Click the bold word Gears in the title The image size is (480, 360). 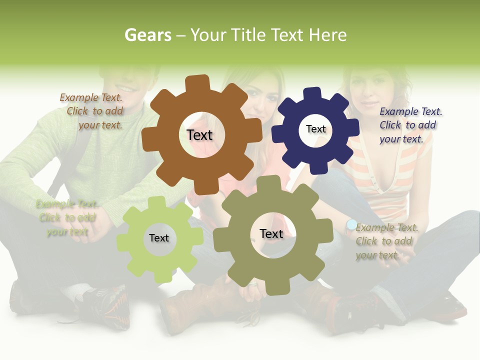pyautogui.click(x=147, y=35)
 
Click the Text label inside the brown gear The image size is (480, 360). pyautogui.click(x=199, y=135)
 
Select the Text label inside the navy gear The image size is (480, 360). pyautogui.click(x=315, y=129)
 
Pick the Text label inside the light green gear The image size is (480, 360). pyautogui.click(x=159, y=238)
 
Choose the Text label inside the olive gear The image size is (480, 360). pyautogui.click(x=271, y=233)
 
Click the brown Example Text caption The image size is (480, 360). pyautogui.click(x=91, y=111)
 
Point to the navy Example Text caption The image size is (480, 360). pyautogui.click(x=410, y=125)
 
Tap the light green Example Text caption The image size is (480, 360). pyautogui.click(x=67, y=217)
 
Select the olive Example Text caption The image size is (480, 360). pyautogui.click(x=386, y=241)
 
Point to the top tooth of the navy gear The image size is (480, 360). pyautogui.click(x=312, y=94)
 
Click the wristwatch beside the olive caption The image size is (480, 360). pyautogui.click(x=351, y=225)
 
